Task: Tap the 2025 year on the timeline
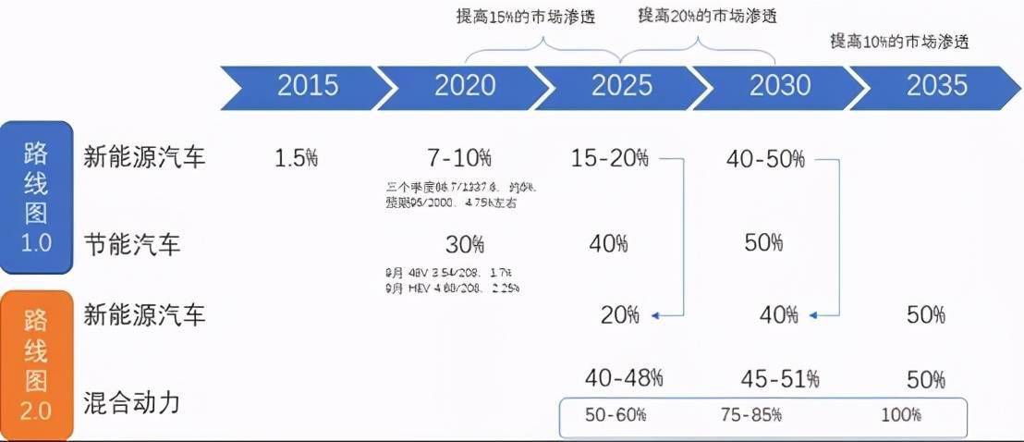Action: point(622,86)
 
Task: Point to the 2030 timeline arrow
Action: point(779,86)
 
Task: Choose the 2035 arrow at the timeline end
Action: point(936,86)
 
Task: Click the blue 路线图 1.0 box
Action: point(36,196)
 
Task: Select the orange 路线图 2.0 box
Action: point(36,363)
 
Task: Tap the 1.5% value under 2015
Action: point(296,158)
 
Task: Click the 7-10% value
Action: point(459,158)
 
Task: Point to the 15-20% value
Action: point(609,158)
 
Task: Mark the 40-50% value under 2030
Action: point(766,158)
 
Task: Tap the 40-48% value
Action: point(624,377)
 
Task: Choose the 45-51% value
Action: point(780,378)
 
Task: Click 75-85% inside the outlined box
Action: point(750,415)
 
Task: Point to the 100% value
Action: point(901,415)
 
